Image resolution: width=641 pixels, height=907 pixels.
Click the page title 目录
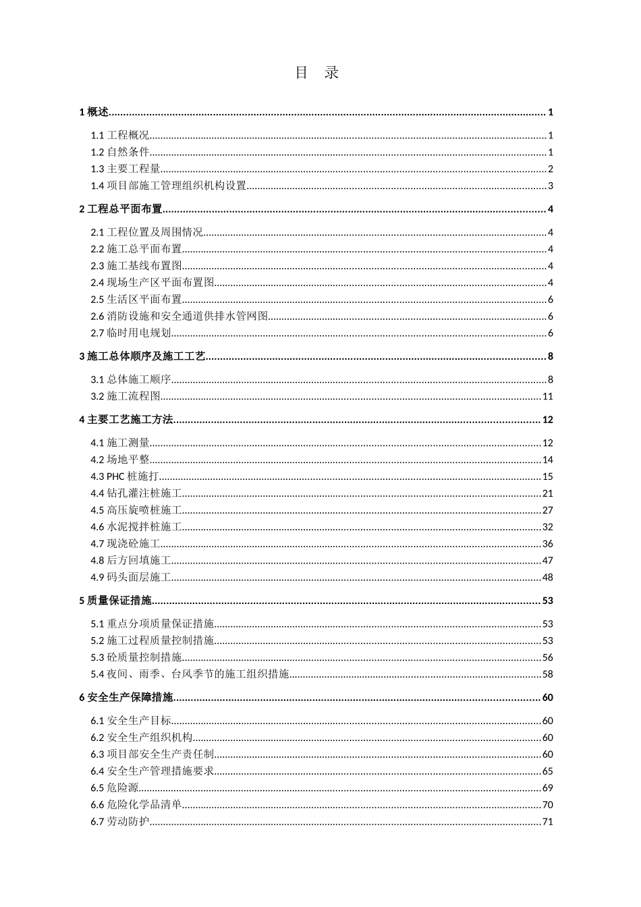(x=317, y=73)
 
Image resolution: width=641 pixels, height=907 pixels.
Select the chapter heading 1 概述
(x=94, y=112)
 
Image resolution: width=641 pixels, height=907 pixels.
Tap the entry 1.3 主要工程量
(x=126, y=169)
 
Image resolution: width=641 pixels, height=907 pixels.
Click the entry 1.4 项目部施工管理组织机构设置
(x=169, y=186)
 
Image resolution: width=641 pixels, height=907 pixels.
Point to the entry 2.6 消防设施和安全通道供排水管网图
(x=179, y=316)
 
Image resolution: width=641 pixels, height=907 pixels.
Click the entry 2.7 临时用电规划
(x=131, y=333)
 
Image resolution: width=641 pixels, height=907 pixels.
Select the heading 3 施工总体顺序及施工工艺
(x=142, y=356)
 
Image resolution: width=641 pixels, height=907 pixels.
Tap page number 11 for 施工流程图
(x=547, y=397)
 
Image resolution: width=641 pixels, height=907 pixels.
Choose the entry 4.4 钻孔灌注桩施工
(x=136, y=493)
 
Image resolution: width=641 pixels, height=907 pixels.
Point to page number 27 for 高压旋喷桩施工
(x=547, y=510)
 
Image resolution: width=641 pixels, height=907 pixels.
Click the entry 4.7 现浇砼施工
(x=126, y=544)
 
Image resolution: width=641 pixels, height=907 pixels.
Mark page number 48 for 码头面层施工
(x=547, y=577)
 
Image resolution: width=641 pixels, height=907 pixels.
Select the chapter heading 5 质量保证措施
(x=115, y=601)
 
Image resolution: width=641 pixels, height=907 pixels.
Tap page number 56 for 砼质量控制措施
(x=547, y=657)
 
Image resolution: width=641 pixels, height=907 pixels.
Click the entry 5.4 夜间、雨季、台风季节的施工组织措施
(x=190, y=674)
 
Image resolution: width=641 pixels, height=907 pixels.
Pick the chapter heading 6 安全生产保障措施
(x=126, y=697)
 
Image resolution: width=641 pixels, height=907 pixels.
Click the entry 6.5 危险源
(x=115, y=788)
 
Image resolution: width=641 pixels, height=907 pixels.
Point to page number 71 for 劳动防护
(x=547, y=821)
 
